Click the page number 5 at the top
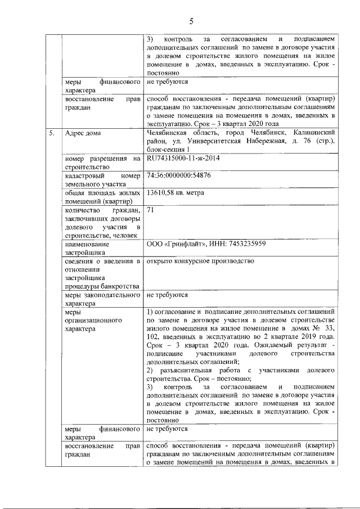(x=191, y=22)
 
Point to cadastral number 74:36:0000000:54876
(x=178, y=175)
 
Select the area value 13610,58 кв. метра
(x=175, y=193)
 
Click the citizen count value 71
(x=150, y=210)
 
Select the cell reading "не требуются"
(x=167, y=295)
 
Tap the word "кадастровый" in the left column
(x=84, y=175)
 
